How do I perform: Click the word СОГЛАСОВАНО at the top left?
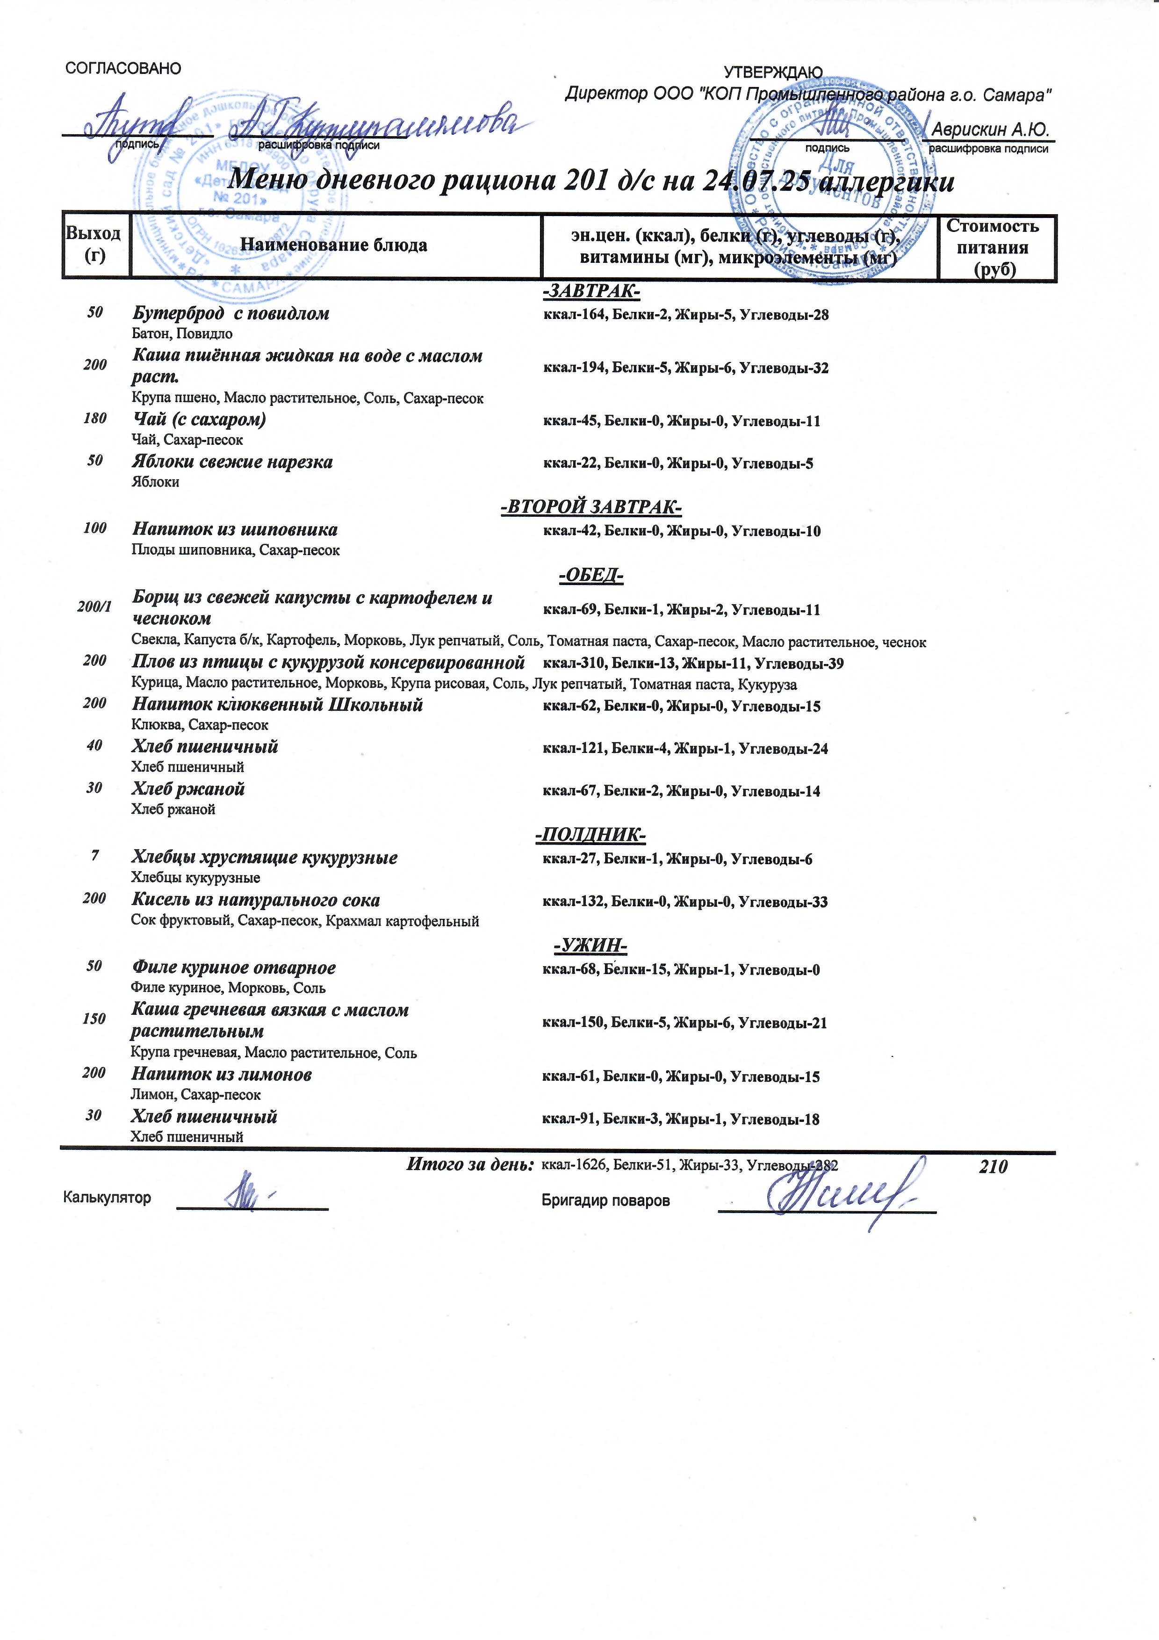[123, 69]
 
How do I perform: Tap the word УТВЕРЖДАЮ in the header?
[773, 73]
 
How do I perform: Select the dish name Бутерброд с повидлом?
[230, 314]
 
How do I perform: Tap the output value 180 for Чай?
[95, 419]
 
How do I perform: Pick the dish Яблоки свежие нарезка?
[232, 462]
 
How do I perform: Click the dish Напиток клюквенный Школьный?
[277, 705]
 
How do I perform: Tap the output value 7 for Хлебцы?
[94, 856]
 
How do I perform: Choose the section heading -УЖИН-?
[590, 947]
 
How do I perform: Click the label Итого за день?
[470, 1165]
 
